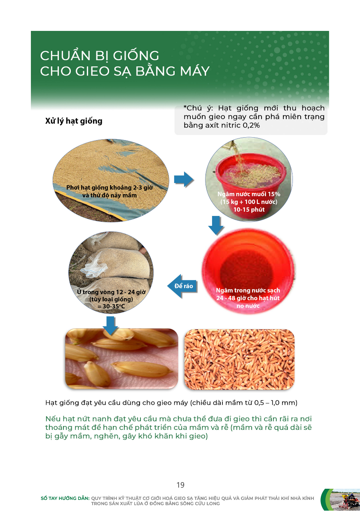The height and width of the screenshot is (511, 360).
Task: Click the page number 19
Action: pyautogui.click(x=180, y=485)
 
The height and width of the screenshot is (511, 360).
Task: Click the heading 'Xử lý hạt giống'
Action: pyautogui.click(x=74, y=121)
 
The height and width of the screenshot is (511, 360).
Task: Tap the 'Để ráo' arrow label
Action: pyautogui.click(x=184, y=286)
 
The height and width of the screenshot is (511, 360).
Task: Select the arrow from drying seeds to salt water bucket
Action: pyautogui.click(x=184, y=179)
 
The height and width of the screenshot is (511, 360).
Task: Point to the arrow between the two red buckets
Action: pyautogui.click(x=216, y=225)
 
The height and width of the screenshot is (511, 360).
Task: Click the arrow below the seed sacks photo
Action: pyautogui.click(x=110, y=326)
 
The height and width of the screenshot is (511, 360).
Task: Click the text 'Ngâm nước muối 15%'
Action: pyautogui.click(x=249, y=194)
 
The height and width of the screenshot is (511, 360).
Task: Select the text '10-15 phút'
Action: pyautogui.click(x=249, y=209)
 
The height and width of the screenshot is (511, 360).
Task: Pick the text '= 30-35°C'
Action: pyautogui.click(x=111, y=306)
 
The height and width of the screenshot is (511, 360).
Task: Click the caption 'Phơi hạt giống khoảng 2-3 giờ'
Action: pyautogui.click(x=110, y=188)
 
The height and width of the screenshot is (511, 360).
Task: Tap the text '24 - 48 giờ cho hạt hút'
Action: pyautogui.click(x=248, y=298)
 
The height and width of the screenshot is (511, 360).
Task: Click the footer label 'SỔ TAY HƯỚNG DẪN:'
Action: pyautogui.click(x=65, y=498)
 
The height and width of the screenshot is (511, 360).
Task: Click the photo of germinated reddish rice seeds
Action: pyautogui.click(x=239, y=359)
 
